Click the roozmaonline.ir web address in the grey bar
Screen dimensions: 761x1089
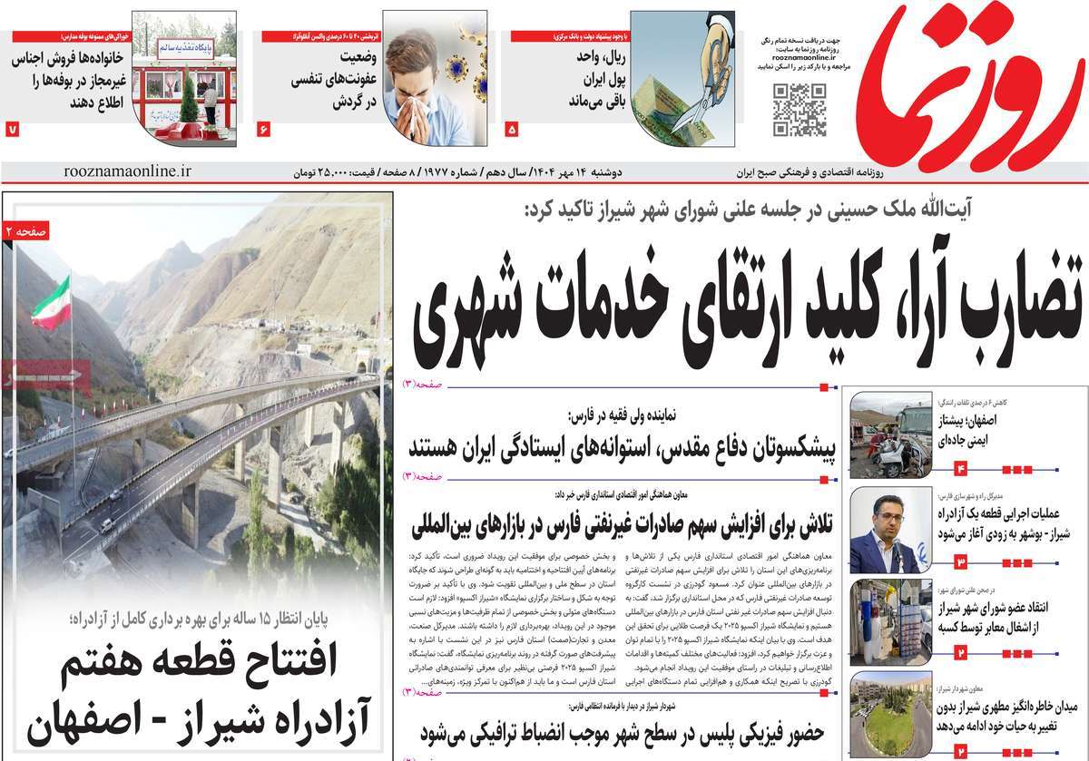coord(129,171)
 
